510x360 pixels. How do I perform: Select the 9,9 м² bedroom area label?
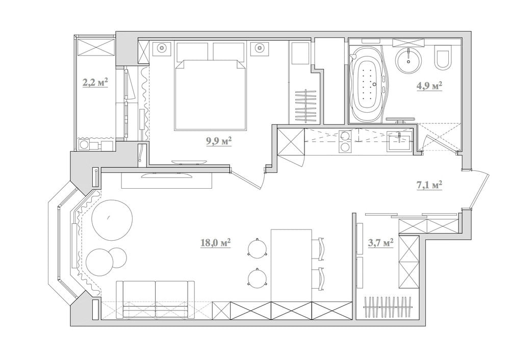pyautogui.click(x=219, y=141)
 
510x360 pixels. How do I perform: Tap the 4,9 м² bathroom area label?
pyautogui.click(x=428, y=86)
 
